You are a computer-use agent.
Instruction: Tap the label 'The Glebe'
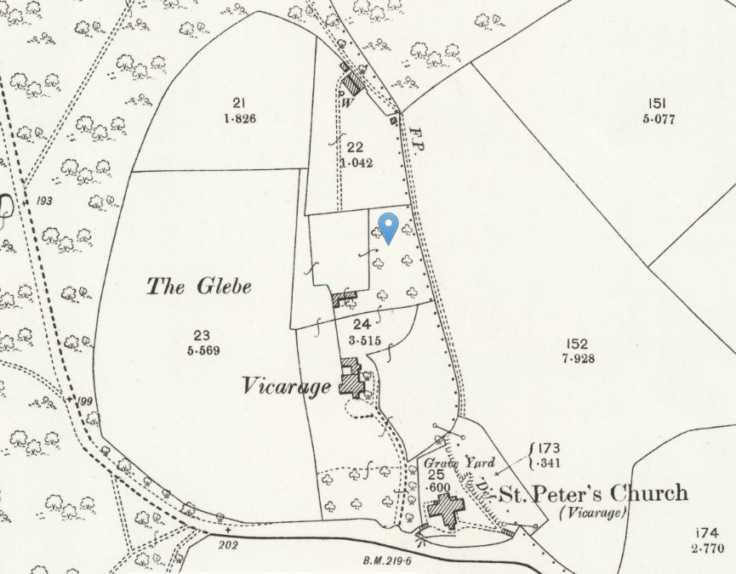tap(199, 287)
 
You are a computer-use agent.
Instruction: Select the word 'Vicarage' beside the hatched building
tap(285, 388)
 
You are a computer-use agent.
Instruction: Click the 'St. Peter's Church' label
tap(592, 494)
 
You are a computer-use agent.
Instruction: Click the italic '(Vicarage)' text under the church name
tap(592, 514)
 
